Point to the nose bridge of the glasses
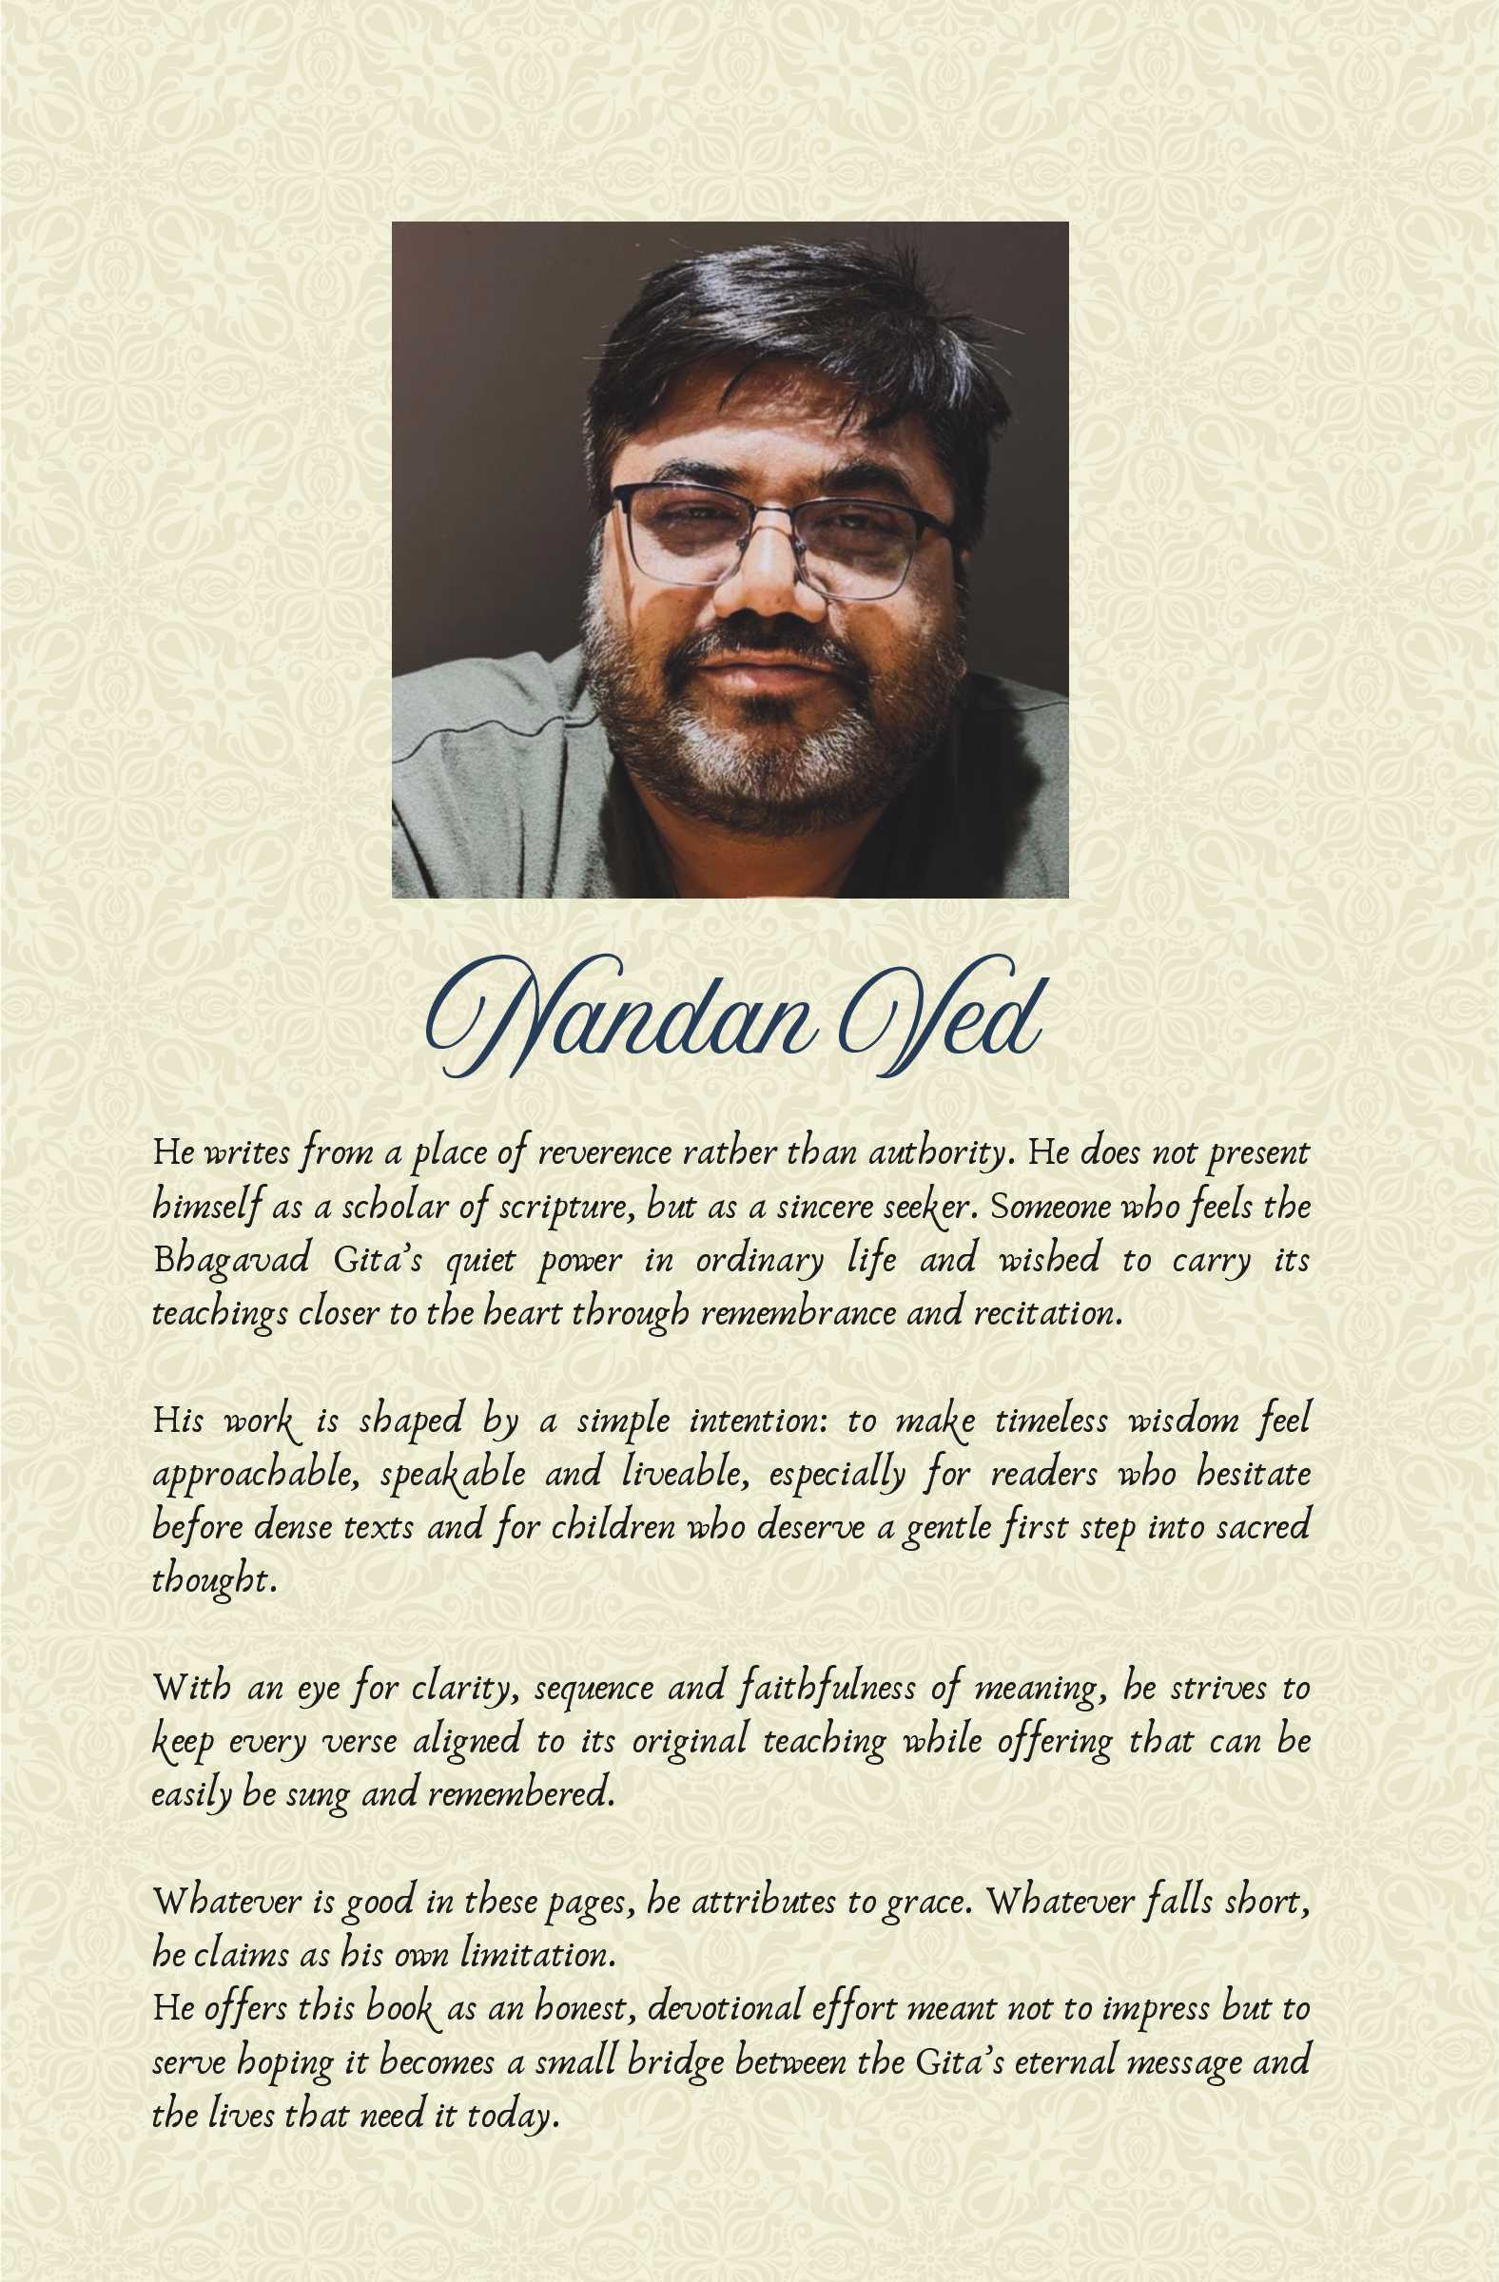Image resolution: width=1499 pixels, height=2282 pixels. coord(768,512)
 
